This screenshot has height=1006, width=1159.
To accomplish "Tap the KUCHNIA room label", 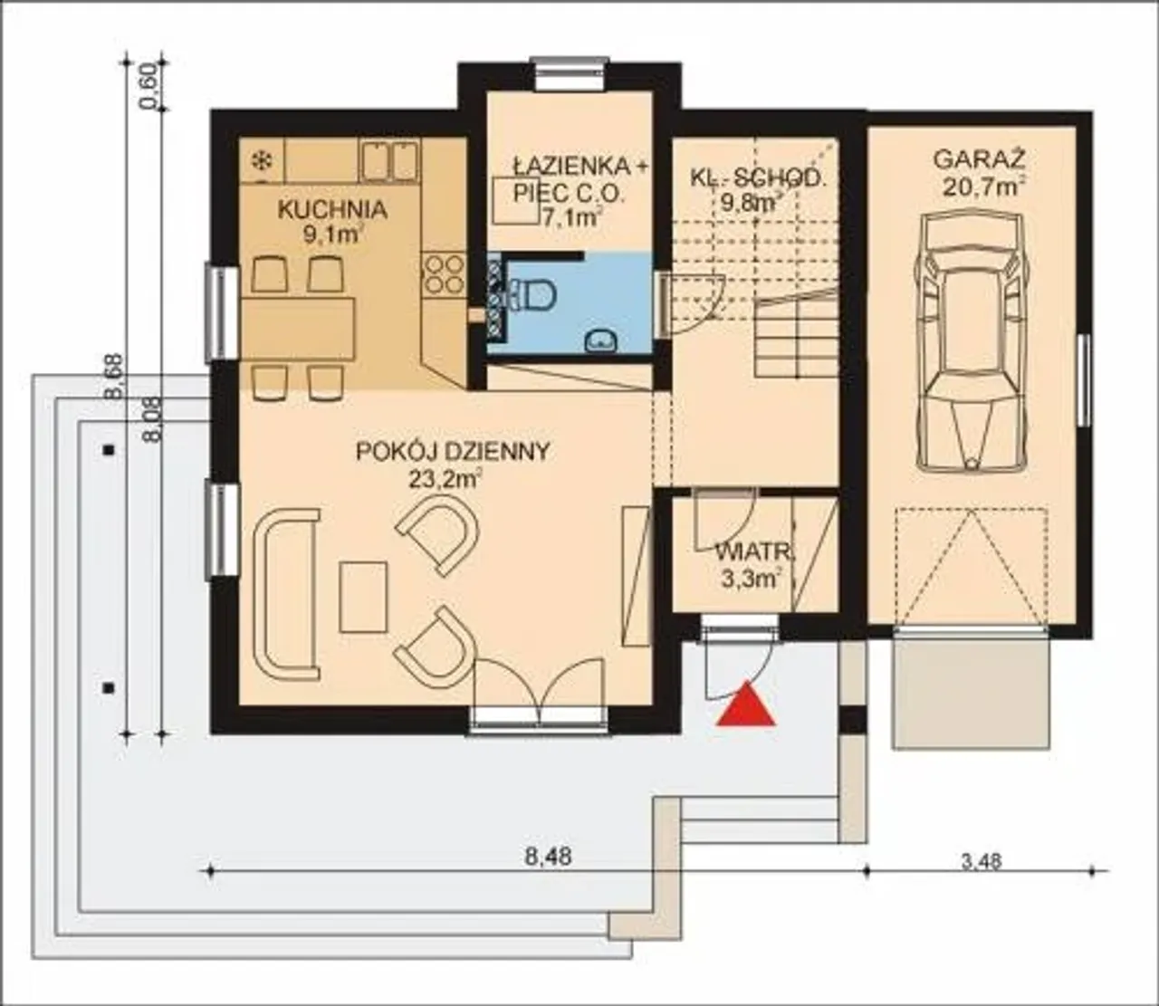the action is (x=332, y=209).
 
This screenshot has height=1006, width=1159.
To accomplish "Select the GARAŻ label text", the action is (x=980, y=159).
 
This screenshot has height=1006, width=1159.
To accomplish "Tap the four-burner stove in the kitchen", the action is (x=444, y=274).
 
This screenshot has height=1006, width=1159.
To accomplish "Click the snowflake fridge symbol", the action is (x=261, y=162).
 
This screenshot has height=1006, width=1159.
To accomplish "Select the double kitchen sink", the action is (x=389, y=160).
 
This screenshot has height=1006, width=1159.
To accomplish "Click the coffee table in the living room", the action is (x=363, y=597).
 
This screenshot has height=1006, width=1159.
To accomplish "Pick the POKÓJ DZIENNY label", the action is (x=453, y=452).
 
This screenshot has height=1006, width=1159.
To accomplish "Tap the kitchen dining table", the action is (x=298, y=329).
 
